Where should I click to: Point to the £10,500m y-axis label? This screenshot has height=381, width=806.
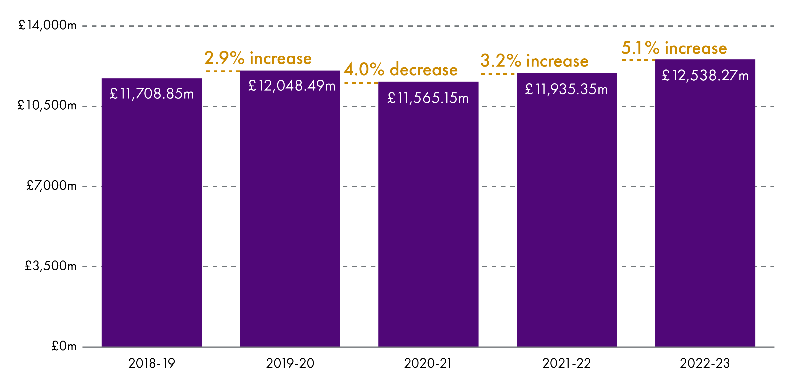(x=47, y=105)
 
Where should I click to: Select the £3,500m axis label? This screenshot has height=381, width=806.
(x=51, y=266)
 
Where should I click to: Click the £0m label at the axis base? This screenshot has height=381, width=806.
(x=64, y=346)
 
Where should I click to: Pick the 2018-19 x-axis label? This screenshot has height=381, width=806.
(x=152, y=364)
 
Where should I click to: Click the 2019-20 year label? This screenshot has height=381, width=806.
(x=290, y=364)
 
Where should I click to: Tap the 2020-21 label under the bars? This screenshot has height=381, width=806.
(x=428, y=364)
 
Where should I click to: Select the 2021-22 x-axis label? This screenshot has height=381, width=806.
(x=567, y=364)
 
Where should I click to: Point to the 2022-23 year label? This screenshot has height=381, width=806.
(x=705, y=364)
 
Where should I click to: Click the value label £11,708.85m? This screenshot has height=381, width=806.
(x=152, y=94)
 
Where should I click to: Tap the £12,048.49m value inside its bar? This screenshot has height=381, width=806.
(x=292, y=86)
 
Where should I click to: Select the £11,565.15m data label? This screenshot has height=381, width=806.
(x=428, y=98)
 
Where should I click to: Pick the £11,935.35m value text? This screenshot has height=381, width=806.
(x=567, y=89)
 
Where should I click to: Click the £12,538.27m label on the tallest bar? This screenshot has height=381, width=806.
(x=705, y=76)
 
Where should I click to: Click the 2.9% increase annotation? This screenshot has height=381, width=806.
(x=258, y=58)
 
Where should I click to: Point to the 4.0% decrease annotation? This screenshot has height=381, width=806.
(x=401, y=69)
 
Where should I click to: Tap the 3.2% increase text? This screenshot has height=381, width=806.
(x=535, y=61)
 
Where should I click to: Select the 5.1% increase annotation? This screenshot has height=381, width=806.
(x=674, y=48)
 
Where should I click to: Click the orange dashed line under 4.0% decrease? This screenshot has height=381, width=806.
(x=361, y=83)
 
